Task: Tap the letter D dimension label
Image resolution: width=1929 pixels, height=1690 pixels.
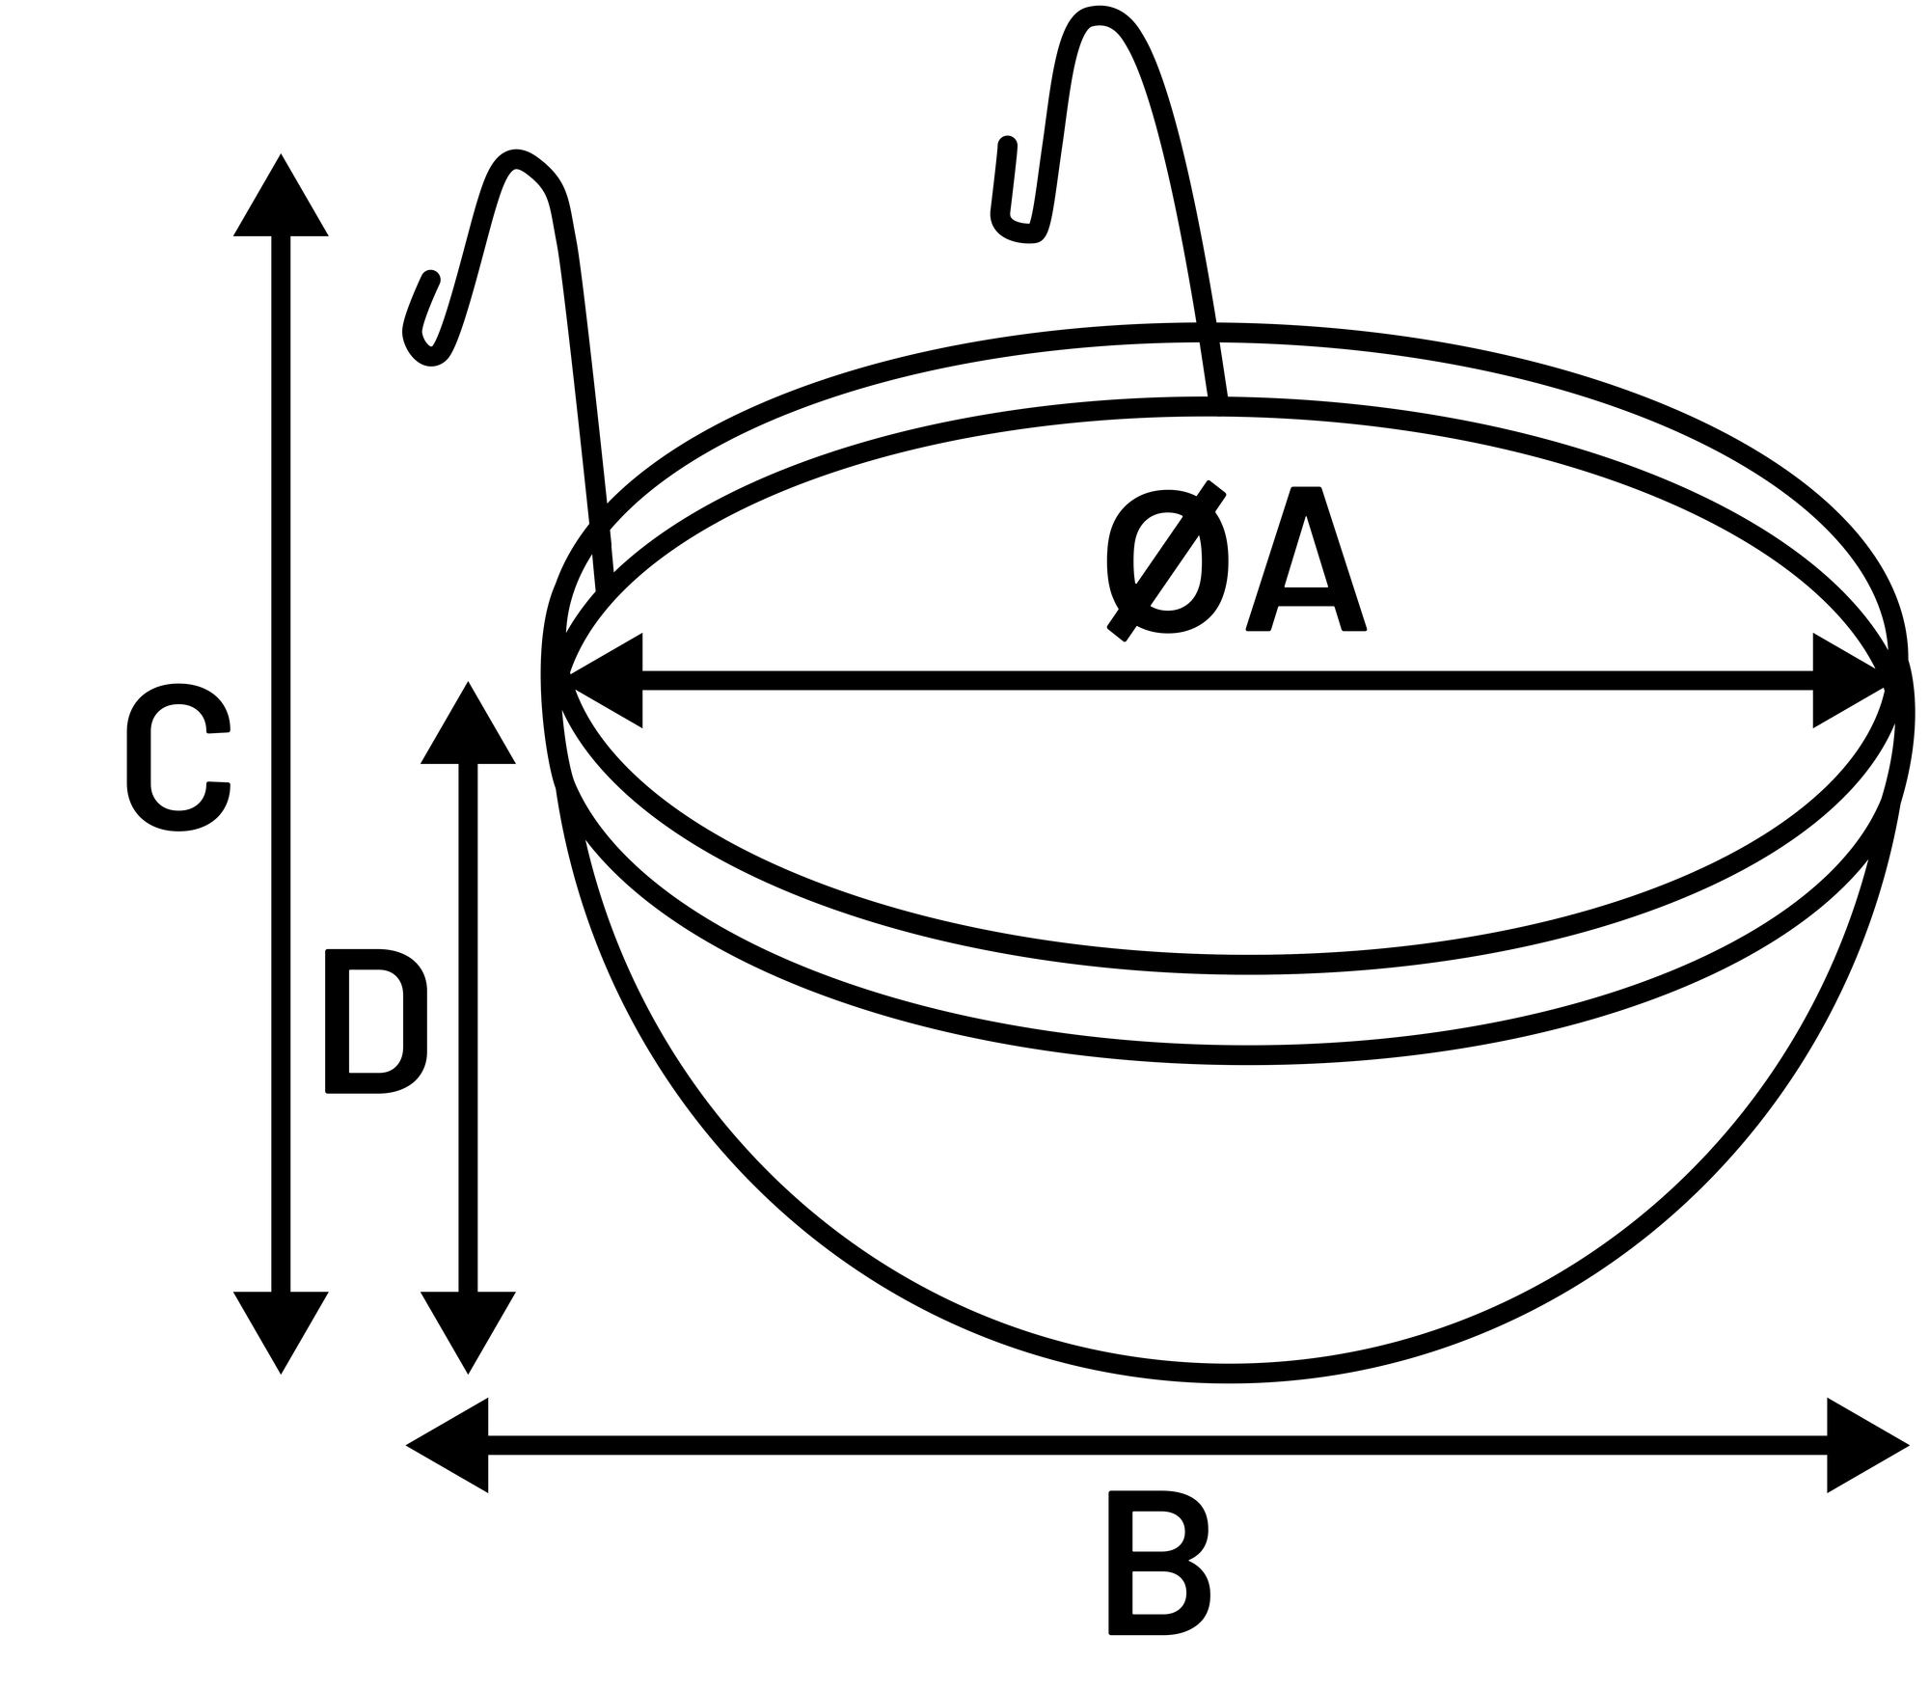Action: pyautogui.click(x=376, y=1022)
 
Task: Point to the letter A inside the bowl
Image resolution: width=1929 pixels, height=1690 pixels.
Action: pyautogui.click(x=1306, y=559)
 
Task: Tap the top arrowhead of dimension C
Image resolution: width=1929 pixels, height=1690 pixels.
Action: pyautogui.click(x=281, y=194)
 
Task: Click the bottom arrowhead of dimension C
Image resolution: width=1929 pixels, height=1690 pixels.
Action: pyautogui.click(x=281, y=1333)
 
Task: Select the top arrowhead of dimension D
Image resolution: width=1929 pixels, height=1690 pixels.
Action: pyautogui.click(x=468, y=722)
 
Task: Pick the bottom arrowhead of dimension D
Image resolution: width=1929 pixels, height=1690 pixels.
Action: pyautogui.click(x=468, y=1333)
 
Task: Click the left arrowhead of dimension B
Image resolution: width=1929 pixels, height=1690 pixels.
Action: pyautogui.click(x=447, y=1445)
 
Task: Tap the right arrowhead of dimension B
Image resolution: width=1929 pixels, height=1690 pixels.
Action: pyautogui.click(x=1868, y=1445)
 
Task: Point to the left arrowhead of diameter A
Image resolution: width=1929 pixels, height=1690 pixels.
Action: pyautogui.click(x=606, y=680)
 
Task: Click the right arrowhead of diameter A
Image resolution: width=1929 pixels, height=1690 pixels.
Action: pyautogui.click(x=1850, y=680)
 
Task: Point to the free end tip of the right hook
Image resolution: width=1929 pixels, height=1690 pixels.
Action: pyautogui.click(x=1008, y=145)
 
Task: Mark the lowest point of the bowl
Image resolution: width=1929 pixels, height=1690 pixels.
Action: pyautogui.click(x=1227, y=1374)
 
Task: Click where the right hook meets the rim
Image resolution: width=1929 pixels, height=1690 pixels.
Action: pyautogui.click(x=1218, y=405)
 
